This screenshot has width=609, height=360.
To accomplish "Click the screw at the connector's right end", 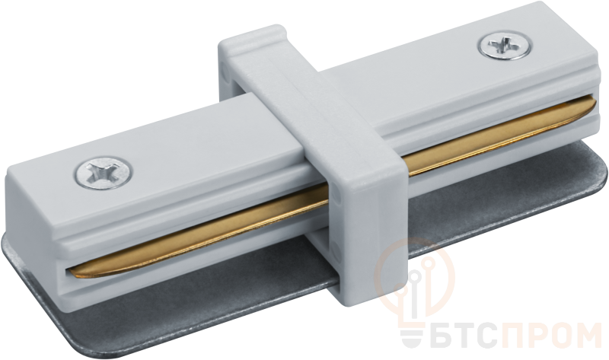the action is click(x=505, y=46).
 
